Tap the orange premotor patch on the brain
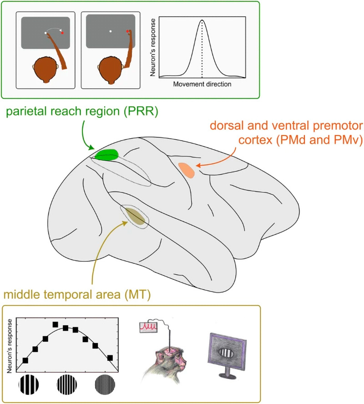pyautogui.click(x=187, y=170)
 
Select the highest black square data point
pyautogui.click(x=56, y=324)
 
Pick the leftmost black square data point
pyautogui.click(x=25, y=360)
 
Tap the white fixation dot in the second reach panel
pyautogui.click(x=110, y=31)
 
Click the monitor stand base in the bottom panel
pyautogui.click(x=227, y=375)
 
